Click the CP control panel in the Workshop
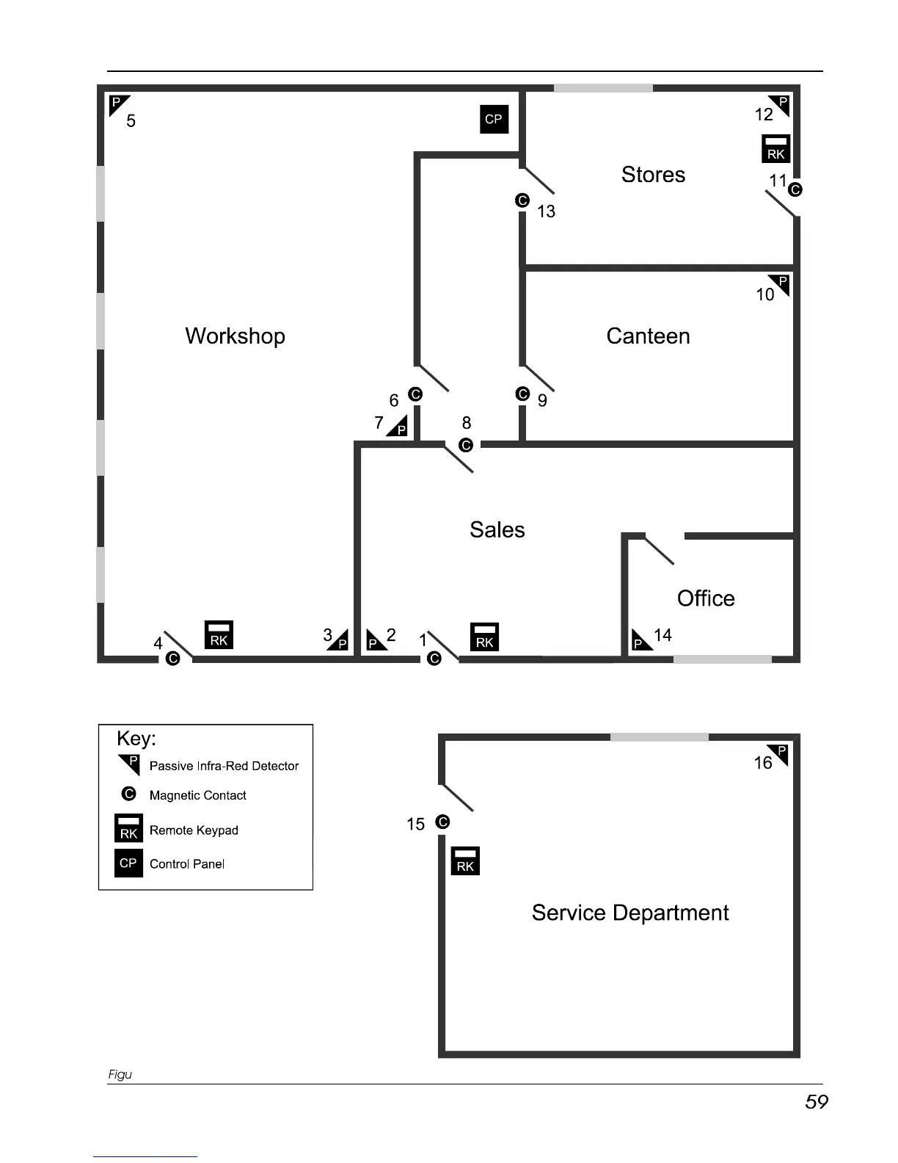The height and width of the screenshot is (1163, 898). click(494, 119)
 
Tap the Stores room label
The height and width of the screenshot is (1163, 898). click(653, 175)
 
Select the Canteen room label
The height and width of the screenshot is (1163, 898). click(648, 336)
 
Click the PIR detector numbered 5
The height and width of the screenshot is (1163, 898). click(117, 104)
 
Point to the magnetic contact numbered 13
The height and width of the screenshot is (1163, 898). click(522, 200)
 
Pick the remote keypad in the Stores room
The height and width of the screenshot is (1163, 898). click(775, 148)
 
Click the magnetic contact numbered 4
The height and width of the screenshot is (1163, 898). click(173, 659)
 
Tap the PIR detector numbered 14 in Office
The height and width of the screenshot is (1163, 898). click(640, 640)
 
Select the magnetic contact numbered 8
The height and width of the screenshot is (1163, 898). click(466, 445)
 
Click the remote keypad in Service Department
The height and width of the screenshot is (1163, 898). click(465, 861)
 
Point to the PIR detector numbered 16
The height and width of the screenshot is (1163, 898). click(780, 753)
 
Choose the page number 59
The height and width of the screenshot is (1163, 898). click(816, 1102)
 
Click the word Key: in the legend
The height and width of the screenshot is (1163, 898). click(136, 739)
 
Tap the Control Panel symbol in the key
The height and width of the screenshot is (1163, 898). click(128, 863)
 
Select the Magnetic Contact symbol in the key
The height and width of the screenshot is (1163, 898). click(129, 794)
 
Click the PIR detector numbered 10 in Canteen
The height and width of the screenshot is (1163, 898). click(781, 283)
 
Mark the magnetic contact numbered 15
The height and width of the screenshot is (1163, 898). click(442, 822)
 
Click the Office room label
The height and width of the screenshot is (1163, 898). click(706, 598)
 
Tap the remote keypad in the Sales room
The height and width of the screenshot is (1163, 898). click(484, 637)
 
